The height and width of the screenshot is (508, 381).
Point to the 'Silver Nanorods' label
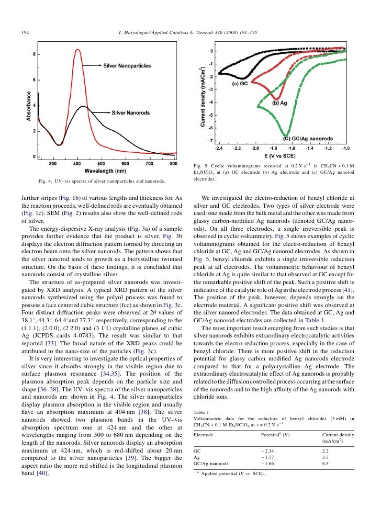click(x=132, y=112)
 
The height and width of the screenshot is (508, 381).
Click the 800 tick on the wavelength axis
click(x=174, y=163)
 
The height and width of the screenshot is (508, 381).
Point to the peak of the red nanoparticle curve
click(x=77, y=50)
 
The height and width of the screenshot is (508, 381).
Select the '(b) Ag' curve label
click(x=279, y=103)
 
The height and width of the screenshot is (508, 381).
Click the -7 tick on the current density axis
click(x=210, y=141)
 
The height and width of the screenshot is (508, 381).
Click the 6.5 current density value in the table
click(x=326, y=464)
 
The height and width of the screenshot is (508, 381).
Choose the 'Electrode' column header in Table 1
click(x=202, y=435)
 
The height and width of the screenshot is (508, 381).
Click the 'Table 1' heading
click(x=201, y=412)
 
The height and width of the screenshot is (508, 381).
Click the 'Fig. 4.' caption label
click(x=47, y=181)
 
